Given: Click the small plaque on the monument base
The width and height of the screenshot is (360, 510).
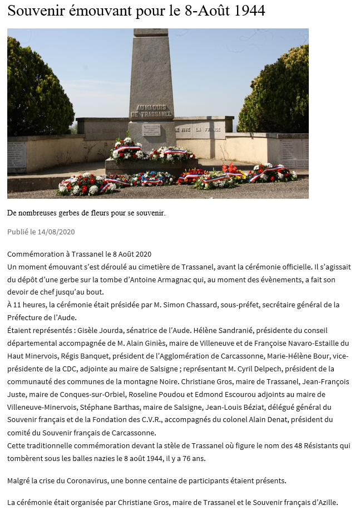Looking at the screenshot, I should click(x=151, y=130).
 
